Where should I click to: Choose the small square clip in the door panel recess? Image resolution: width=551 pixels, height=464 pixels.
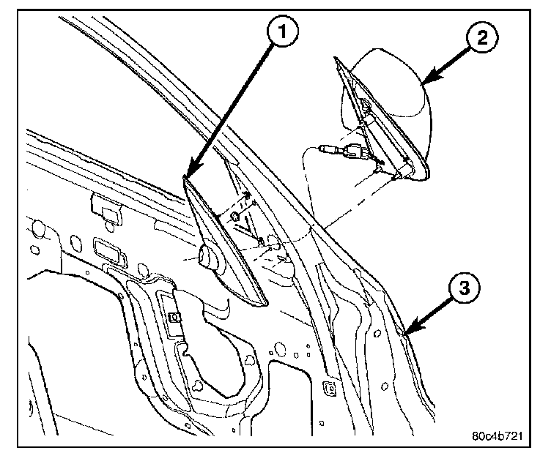pos(174,316)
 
